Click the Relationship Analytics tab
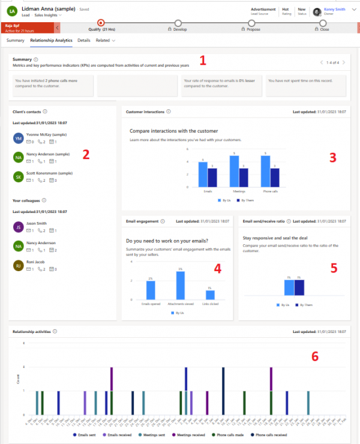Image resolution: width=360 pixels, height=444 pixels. [x=51, y=40]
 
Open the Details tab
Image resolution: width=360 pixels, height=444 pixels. [x=84, y=40]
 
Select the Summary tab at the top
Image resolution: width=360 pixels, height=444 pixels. [x=15, y=40]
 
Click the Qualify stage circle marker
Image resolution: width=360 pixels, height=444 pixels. [x=100, y=22]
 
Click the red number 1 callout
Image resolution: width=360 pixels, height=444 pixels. [x=202, y=60]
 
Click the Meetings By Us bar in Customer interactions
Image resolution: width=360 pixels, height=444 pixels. [x=235, y=170]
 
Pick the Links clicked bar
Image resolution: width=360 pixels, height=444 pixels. [x=210, y=295]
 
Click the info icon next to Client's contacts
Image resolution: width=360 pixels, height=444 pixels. [x=46, y=112]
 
